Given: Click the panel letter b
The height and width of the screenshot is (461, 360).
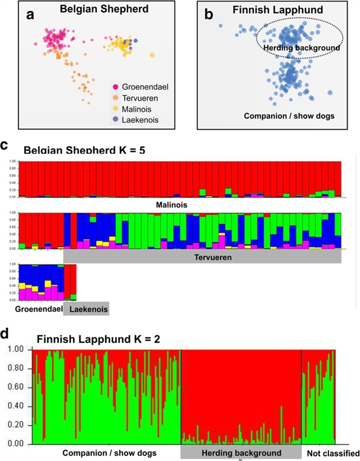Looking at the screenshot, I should point(208,15).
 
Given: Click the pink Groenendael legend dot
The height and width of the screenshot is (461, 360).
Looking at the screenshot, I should point(116,87).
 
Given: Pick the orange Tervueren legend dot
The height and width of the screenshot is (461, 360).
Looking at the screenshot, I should point(116,97).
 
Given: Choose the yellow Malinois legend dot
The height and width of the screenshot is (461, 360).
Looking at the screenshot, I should point(116,108).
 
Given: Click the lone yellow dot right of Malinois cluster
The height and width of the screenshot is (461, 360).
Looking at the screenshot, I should point(152,55).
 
